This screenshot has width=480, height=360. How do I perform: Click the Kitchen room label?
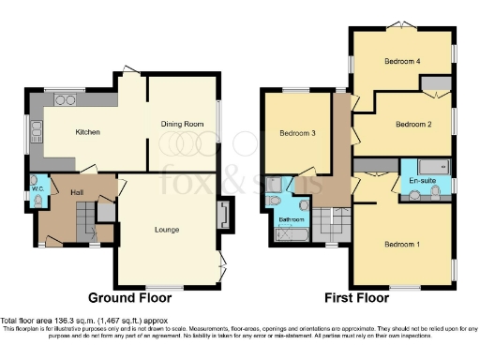87,132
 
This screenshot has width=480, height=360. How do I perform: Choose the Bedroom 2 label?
412,124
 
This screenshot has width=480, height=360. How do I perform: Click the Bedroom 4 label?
400,62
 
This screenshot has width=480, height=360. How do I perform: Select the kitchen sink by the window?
36,131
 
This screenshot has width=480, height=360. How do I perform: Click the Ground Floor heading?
130,298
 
